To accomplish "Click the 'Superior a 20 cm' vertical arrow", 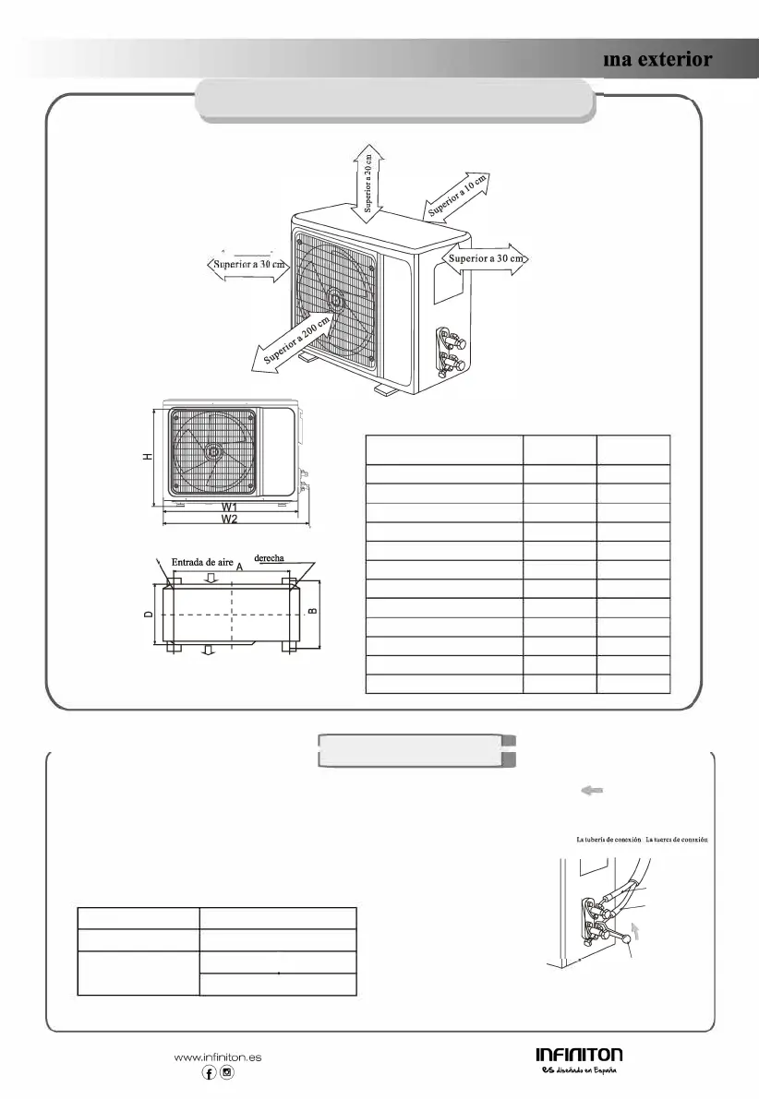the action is [x=367, y=184].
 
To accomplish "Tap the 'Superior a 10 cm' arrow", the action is [x=456, y=197].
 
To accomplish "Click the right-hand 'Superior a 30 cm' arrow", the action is [x=486, y=259].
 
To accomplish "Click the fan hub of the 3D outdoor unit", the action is [x=335, y=299].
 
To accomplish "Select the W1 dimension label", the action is [x=231, y=508].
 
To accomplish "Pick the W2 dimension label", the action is [x=231, y=520].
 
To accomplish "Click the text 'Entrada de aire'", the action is [x=202, y=562].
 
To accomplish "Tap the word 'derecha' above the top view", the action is [x=269, y=559].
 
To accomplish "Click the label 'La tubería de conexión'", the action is [x=608, y=840].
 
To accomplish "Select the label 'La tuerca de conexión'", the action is [x=677, y=840].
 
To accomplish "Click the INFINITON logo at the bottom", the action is [x=579, y=1055].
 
